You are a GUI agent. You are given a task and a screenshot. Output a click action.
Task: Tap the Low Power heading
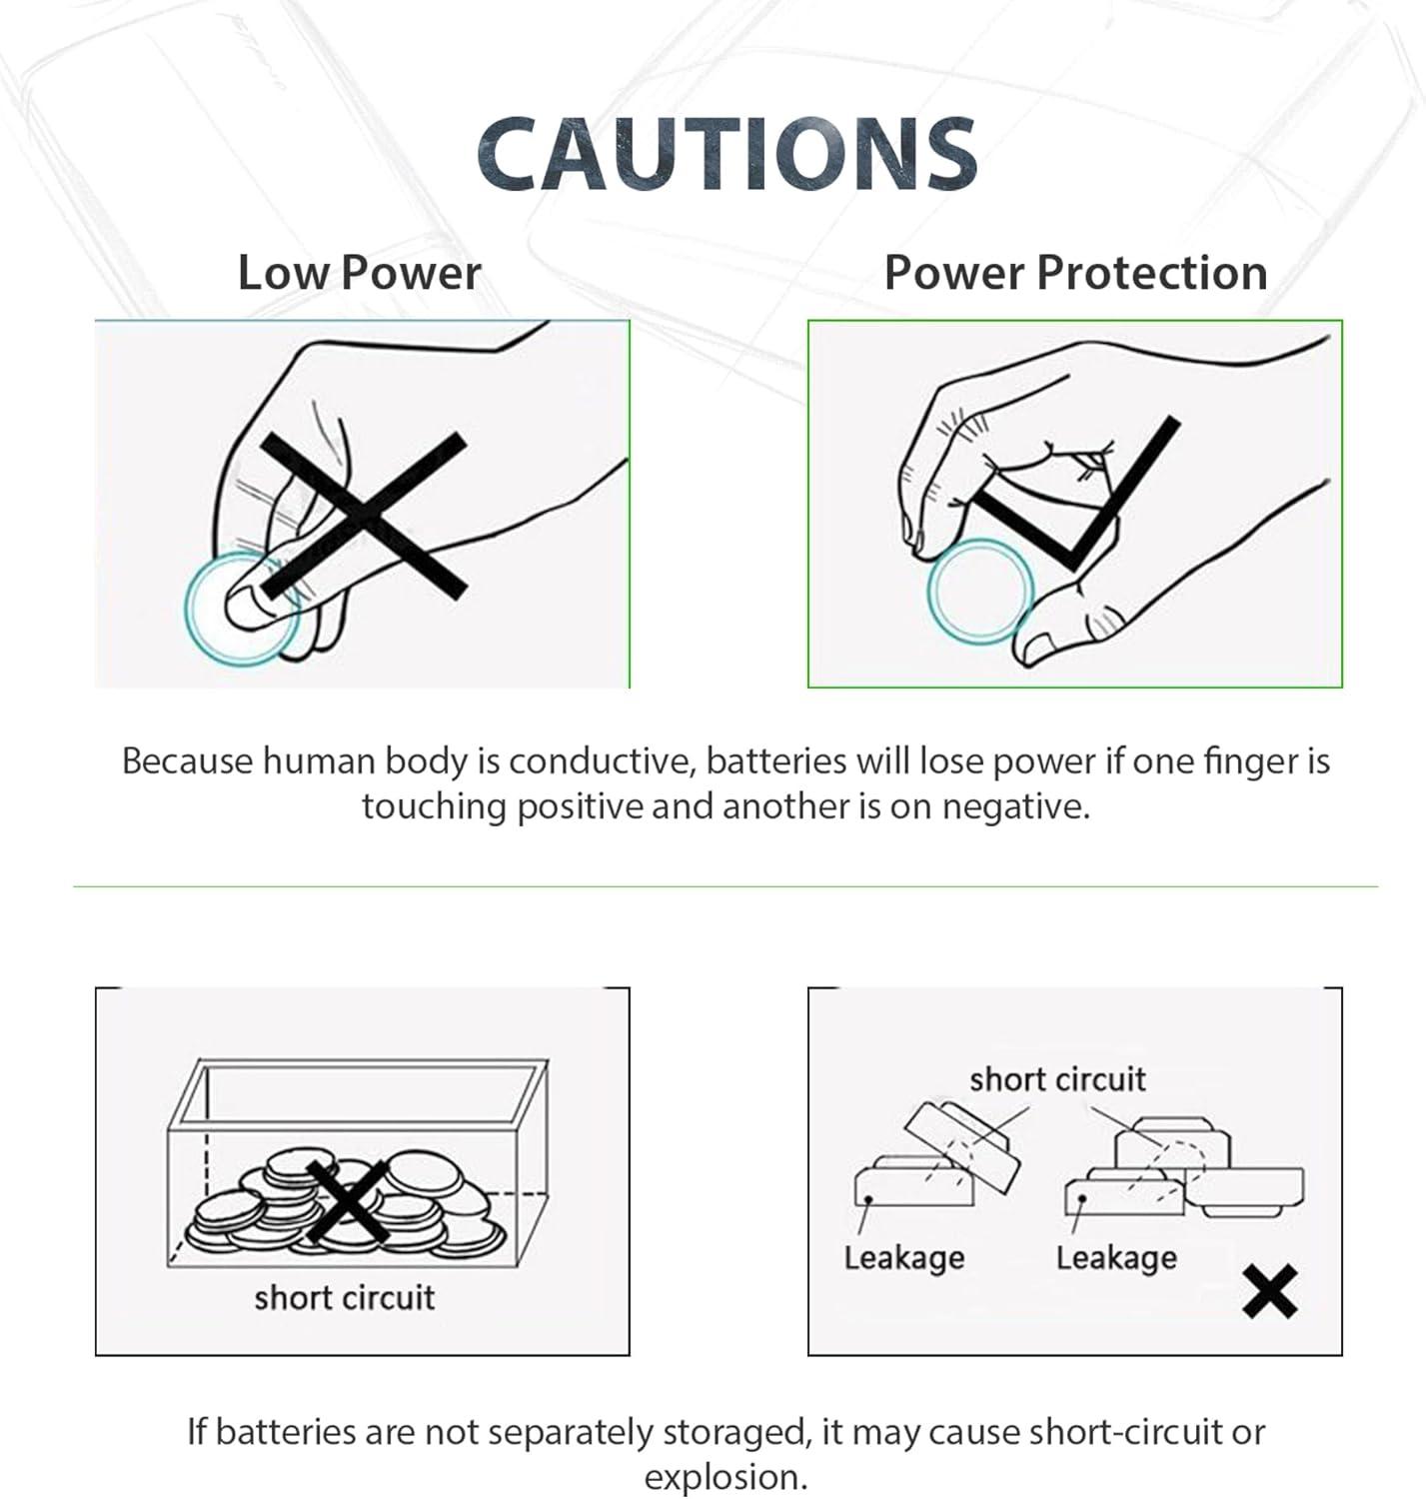click(359, 273)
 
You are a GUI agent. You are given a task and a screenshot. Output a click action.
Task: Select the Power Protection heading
click(1075, 273)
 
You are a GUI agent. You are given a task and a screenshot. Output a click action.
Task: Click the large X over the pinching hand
click(363, 517)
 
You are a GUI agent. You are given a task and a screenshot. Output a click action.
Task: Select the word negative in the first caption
click(1015, 806)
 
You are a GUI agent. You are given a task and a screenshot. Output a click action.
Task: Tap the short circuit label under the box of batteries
click(344, 1297)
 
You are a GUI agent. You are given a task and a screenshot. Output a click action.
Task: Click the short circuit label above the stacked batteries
click(1057, 1079)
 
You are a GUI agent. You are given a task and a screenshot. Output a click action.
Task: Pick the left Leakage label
click(903, 1257)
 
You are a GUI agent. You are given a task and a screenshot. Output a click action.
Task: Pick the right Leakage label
click(1115, 1257)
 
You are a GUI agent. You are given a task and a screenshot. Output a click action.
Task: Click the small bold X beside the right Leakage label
click(1270, 1291)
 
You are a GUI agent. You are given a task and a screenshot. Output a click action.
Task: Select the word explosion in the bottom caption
click(725, 1477)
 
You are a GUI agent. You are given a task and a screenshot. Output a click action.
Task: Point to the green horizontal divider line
click(725, 886)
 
